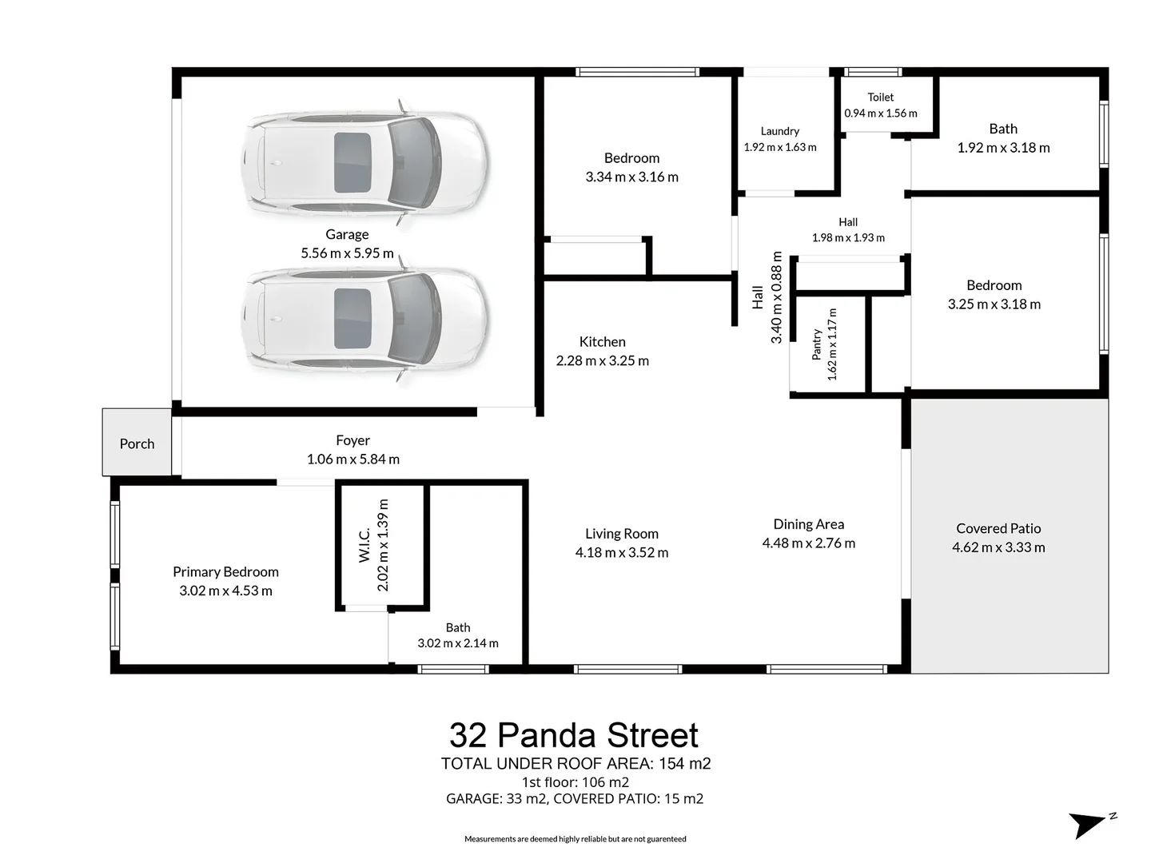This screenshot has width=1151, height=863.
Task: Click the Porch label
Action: pos(137,443)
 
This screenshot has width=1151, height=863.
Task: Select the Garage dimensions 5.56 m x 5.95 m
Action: pos(347,253)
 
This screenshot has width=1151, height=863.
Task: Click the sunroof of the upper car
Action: pos(352,162)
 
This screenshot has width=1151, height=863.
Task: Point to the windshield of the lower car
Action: pos(412,319)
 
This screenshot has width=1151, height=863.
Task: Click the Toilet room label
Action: pos(880,97)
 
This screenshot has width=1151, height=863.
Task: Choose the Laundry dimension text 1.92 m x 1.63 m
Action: pos(780,147)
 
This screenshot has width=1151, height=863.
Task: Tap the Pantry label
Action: pos(816,344)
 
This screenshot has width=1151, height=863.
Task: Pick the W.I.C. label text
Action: pos(364,545)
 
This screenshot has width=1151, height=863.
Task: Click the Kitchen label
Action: pos(602,342)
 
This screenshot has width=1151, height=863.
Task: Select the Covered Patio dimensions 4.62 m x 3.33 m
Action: pos(998,547)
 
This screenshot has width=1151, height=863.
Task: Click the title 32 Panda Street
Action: pos(574,734)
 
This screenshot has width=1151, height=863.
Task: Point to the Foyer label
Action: pos(353,440)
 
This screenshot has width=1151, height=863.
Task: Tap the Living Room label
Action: pos(621,534)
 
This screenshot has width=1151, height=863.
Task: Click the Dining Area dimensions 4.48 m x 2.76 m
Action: pos(808,543)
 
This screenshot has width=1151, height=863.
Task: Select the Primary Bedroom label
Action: pos(225,571)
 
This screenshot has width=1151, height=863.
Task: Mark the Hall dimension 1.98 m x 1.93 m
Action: pos(848,238)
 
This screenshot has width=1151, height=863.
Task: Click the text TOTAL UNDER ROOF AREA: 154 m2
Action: pos(575,763)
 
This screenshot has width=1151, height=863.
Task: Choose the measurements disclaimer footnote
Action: pos(575,839)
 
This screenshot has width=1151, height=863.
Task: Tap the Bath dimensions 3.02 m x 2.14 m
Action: pos(458,643)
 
